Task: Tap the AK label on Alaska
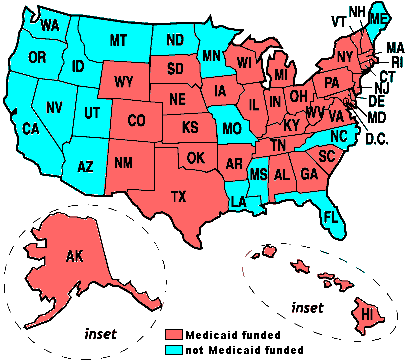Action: (x=75, y=257)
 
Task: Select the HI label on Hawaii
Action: (x=367, y=315)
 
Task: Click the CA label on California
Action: (x=31, y=129)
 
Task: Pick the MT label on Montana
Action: (x=119, y=40)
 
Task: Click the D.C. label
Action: (x=379, y=137)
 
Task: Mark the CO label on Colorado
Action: (x=137, y=121)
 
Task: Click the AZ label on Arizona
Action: (x=85, y=165)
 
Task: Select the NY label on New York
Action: (x=346, y=56)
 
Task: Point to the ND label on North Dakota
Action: (x=175, y=40)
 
